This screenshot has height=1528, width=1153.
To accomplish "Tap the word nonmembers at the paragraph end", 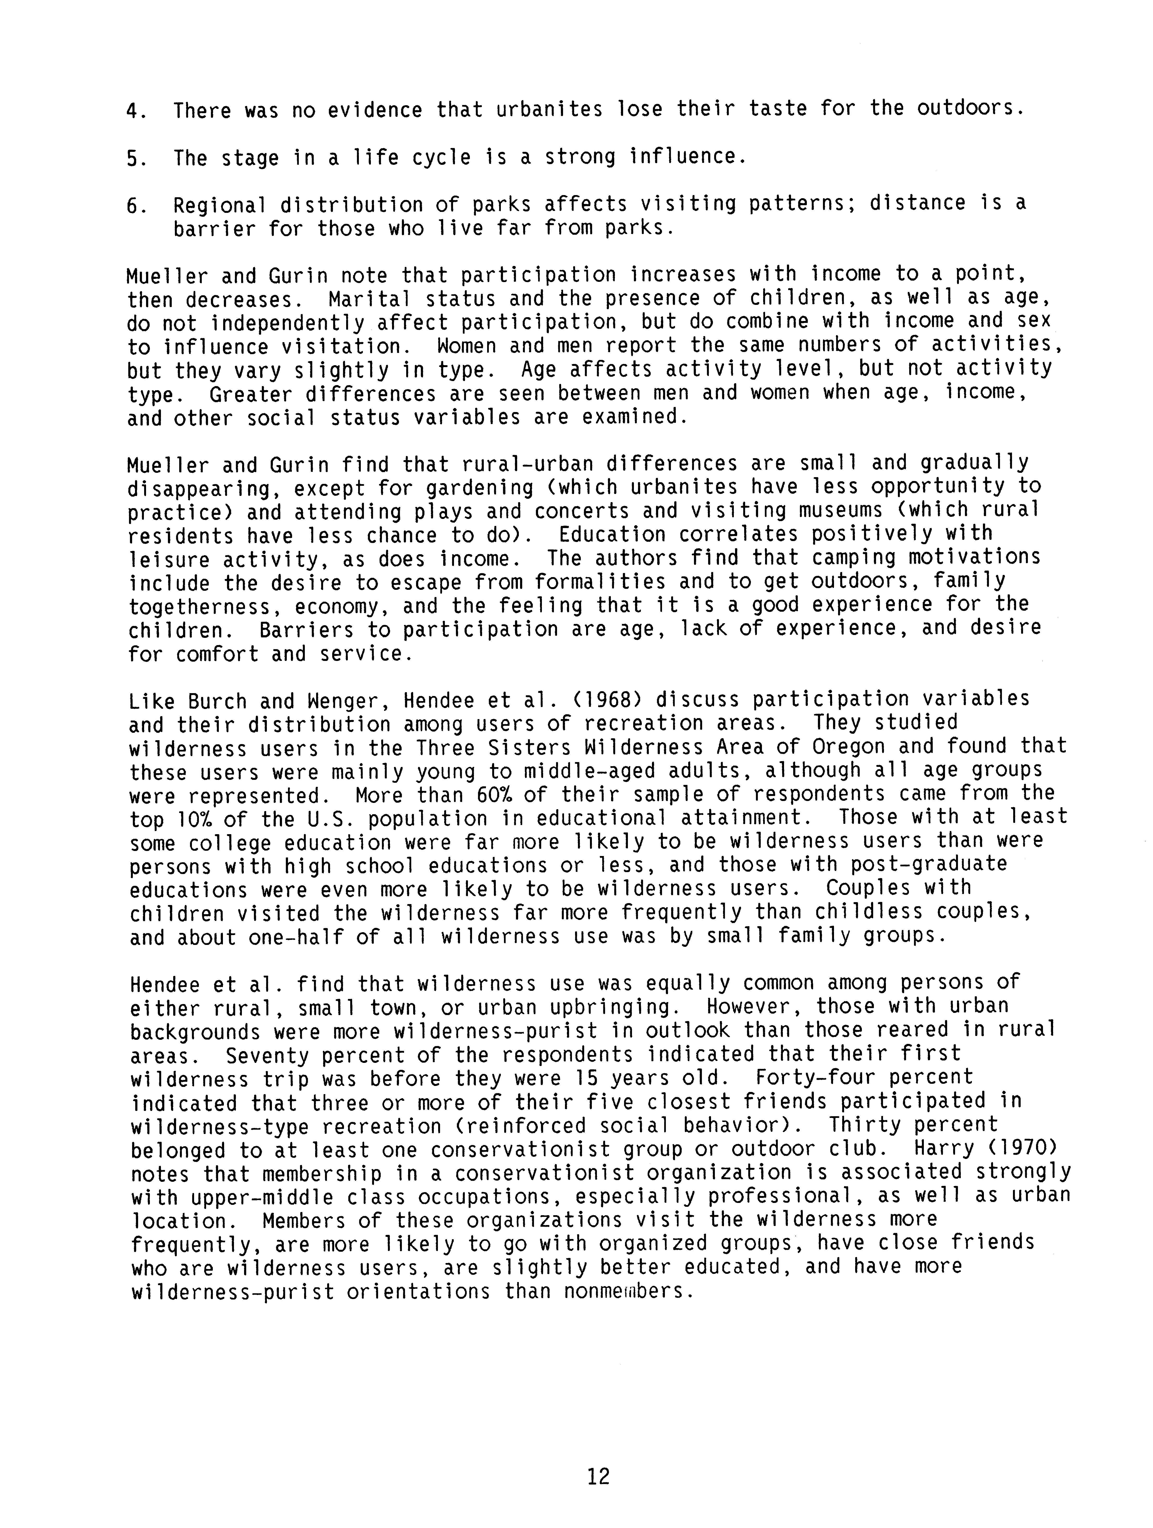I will tap(627, 1290).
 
